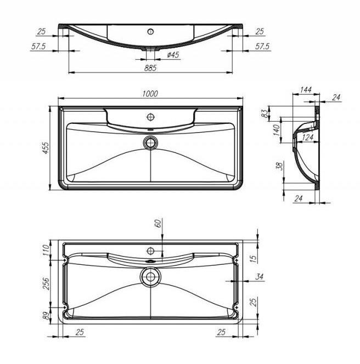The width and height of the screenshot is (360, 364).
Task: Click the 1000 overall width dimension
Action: coord(150,94)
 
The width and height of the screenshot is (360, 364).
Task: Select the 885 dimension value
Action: coord(150,68)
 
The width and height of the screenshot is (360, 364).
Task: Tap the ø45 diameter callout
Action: coord(173,55)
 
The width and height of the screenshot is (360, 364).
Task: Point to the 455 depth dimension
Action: coord(46,148)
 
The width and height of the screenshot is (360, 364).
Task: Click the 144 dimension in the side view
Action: coord(306,89)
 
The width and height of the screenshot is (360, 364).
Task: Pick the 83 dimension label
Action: coord(265,113)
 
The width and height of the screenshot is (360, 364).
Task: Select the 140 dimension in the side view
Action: coord(276,130)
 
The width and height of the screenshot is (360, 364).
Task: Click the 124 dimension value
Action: coord(308,138)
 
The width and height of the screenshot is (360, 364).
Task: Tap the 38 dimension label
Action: coord(280,166)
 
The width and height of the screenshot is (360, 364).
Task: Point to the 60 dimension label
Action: coord(158,223)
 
